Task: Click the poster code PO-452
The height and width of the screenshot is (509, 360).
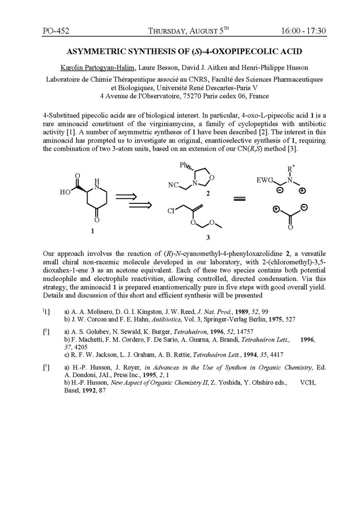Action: click(x=56, y=30)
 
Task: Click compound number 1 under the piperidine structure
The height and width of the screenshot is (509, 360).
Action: click(x=93, y=231)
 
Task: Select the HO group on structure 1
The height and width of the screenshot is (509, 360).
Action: click(x=65, y=193)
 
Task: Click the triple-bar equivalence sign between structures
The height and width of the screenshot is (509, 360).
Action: click(x=240, y=199)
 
